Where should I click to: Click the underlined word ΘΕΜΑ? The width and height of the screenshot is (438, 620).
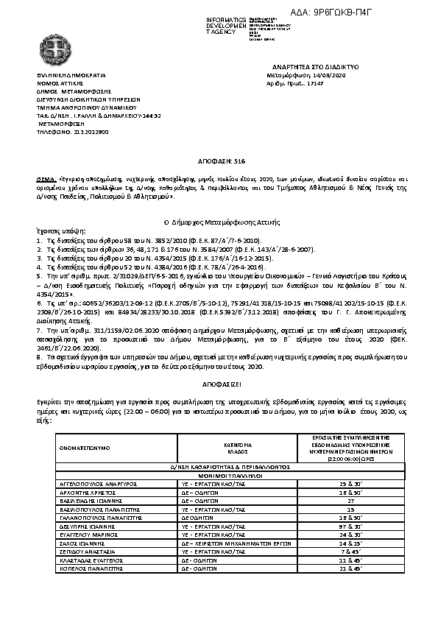click(45, 178)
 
